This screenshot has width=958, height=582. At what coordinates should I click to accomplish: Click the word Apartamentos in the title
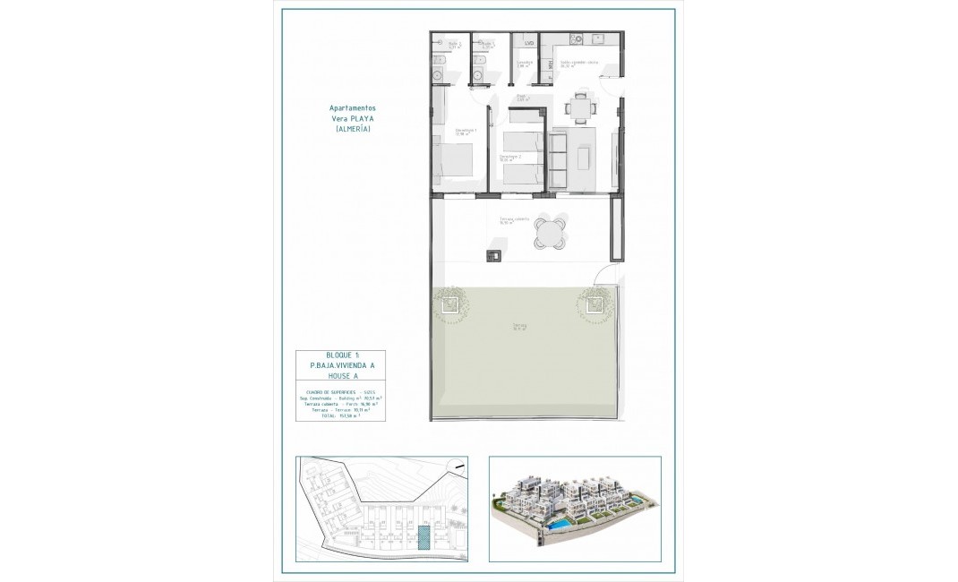[352, 107]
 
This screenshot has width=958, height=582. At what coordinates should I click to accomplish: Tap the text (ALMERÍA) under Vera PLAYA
[352, 130]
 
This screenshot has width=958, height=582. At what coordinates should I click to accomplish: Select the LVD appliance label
[529, 43]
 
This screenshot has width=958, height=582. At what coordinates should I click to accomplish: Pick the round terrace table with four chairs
[551, 232]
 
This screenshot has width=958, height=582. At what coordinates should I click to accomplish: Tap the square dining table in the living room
[580, 110]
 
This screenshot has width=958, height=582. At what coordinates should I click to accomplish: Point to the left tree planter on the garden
[448, 306]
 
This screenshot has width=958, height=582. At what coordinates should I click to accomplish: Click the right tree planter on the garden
[592, 305]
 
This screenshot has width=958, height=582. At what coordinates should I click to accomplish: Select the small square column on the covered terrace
[493, 256]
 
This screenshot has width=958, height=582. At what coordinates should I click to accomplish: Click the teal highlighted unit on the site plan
[423, 537]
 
